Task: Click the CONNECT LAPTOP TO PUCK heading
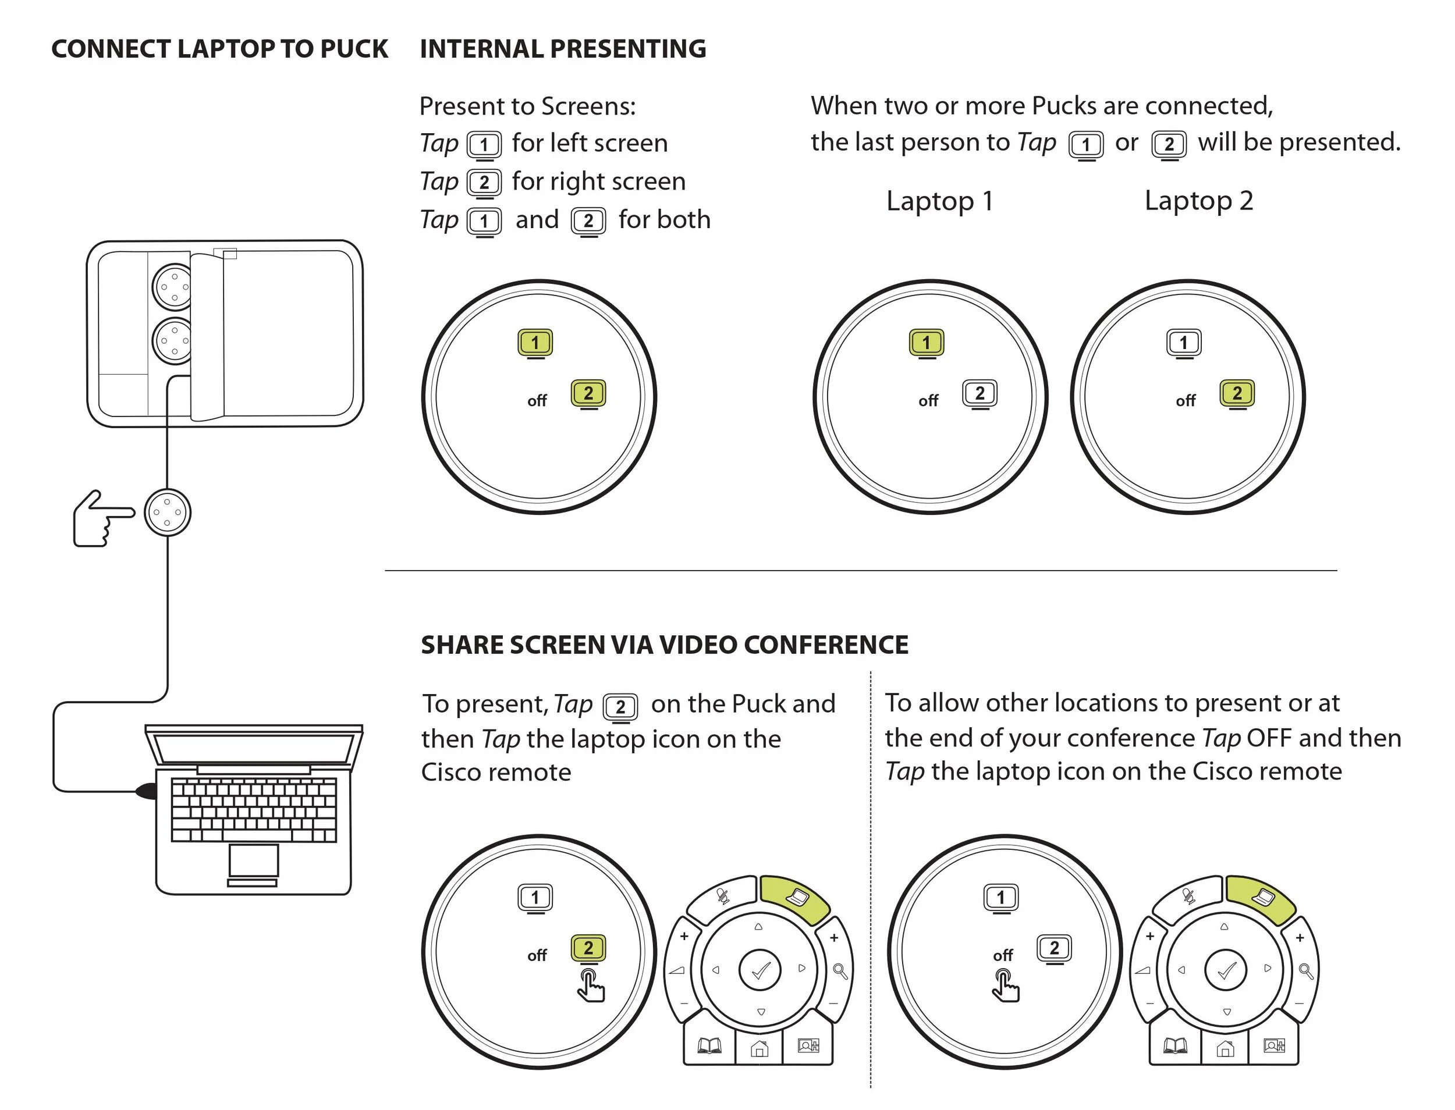[x=219, y=49]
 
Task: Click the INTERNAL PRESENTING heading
[x=563, y=49]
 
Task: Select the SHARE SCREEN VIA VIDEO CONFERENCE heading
[x=665, y=645]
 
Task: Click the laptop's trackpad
[x=254, y=860]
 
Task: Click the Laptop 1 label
[x=939, y=201]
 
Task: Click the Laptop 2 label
[x=1198, y=201]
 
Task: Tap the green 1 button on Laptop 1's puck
[x=926, y=343]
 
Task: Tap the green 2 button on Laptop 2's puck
[x=1237, y=394]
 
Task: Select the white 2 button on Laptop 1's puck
[x=980, y=394]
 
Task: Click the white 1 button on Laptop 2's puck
[x=1183, y=343]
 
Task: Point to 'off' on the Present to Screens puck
[x=537, y=401]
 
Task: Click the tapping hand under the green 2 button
[x=590, y=986]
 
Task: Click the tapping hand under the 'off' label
[x=1005, y=986]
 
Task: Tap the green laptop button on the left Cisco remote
[x=795, y=899]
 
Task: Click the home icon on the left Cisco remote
[x=760, y=1048]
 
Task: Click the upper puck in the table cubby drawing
[x=173, y=287]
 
